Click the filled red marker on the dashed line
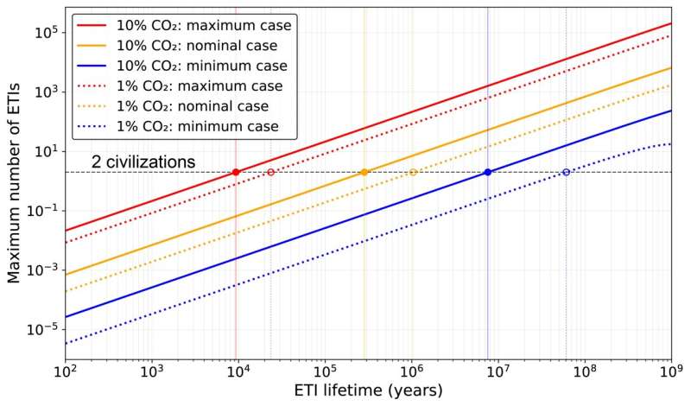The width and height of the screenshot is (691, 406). (236, 172)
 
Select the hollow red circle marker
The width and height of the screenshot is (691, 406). (270, 172)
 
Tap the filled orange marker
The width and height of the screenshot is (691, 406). (365, 172)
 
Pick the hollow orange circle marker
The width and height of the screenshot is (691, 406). (413, 172)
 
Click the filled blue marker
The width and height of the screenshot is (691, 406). (488, 172)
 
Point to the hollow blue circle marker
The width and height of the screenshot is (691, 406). (566, 172)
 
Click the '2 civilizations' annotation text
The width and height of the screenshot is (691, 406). (143, 162)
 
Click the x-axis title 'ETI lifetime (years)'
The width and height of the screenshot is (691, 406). (367, 390)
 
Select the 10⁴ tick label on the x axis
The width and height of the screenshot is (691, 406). (238, 372)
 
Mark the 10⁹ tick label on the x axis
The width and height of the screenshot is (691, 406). (670, 372)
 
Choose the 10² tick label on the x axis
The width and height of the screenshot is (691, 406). (65, 372)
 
